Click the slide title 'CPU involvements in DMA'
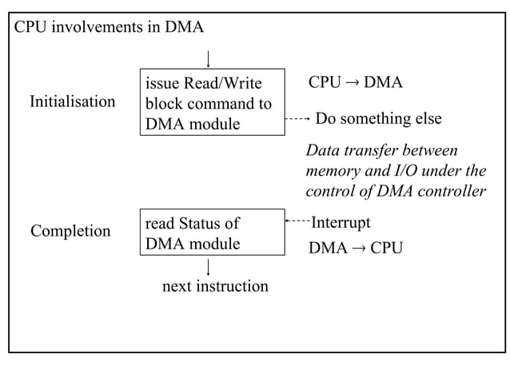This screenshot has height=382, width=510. [110, 28]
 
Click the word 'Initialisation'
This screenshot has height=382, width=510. [72, 102]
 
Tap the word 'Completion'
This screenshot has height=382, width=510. [70, 232]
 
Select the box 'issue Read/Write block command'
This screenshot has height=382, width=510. [212, 102]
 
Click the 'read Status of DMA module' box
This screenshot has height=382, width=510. [212, 233]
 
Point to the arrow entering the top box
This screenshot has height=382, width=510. [208, 59]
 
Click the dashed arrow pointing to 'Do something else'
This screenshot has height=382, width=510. [297, 119]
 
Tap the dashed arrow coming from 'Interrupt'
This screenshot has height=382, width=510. [297, 221]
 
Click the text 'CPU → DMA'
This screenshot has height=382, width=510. [355, 83]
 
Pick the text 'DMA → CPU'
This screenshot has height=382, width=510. [355, 249]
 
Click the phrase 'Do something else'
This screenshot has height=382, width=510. [379, 119]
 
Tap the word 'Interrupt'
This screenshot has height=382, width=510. [341, 221]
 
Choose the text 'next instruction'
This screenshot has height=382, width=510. [215, 286]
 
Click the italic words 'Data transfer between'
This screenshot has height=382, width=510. [382, 151]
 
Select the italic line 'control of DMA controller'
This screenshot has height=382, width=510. [396, 191]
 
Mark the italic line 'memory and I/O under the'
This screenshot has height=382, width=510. [396, 171]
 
